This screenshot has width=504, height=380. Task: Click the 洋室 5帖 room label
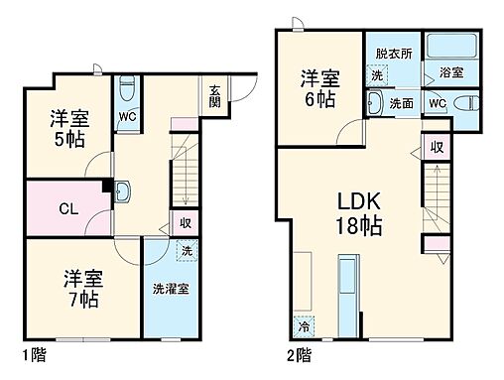coord(70,128)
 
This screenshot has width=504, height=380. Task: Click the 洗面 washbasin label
coord(401,103)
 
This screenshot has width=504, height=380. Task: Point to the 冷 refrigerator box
coord(302,323)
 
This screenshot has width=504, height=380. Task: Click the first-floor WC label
coord(127,117)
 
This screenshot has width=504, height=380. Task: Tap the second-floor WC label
coord(438,103)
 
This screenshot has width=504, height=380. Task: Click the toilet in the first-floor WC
coord(125,90)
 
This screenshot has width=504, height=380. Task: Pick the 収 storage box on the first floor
coord(183,222)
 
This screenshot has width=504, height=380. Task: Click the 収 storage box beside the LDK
coord(437,148)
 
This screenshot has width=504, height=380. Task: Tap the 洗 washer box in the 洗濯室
coord(185,251)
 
